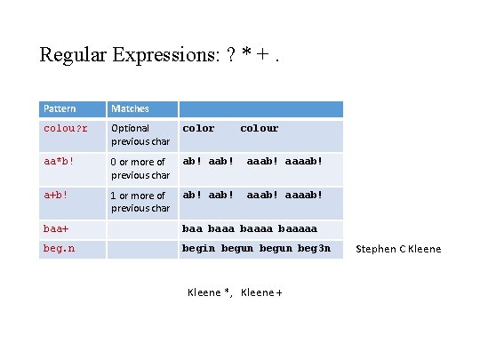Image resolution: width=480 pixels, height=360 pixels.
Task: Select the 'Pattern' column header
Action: click(60, 108)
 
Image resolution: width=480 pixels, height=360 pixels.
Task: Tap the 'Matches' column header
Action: click(130, 108)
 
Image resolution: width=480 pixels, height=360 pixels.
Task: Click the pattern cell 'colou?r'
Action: click(66, 129)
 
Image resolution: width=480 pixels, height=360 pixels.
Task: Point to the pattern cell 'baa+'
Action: click(57, 229)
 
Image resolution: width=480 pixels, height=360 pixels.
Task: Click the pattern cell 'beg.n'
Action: click(60, 249)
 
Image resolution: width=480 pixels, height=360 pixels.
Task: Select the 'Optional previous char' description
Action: click(140, 135)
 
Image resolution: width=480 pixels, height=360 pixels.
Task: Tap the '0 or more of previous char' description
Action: click(140, 169)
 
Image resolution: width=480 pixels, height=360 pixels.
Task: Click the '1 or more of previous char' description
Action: click(140, 202)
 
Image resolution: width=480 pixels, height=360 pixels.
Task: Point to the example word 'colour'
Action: click(260, 129)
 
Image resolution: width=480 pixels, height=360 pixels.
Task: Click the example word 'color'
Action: click(198, 129)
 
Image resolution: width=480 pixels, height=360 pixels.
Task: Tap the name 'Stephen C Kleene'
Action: click(398, 249)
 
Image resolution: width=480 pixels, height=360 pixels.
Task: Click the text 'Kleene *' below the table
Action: click(210, 293)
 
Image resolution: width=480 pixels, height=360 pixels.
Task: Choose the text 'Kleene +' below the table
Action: click(261, 293)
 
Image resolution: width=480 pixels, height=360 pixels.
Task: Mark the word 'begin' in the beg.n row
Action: click(198, 249)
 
